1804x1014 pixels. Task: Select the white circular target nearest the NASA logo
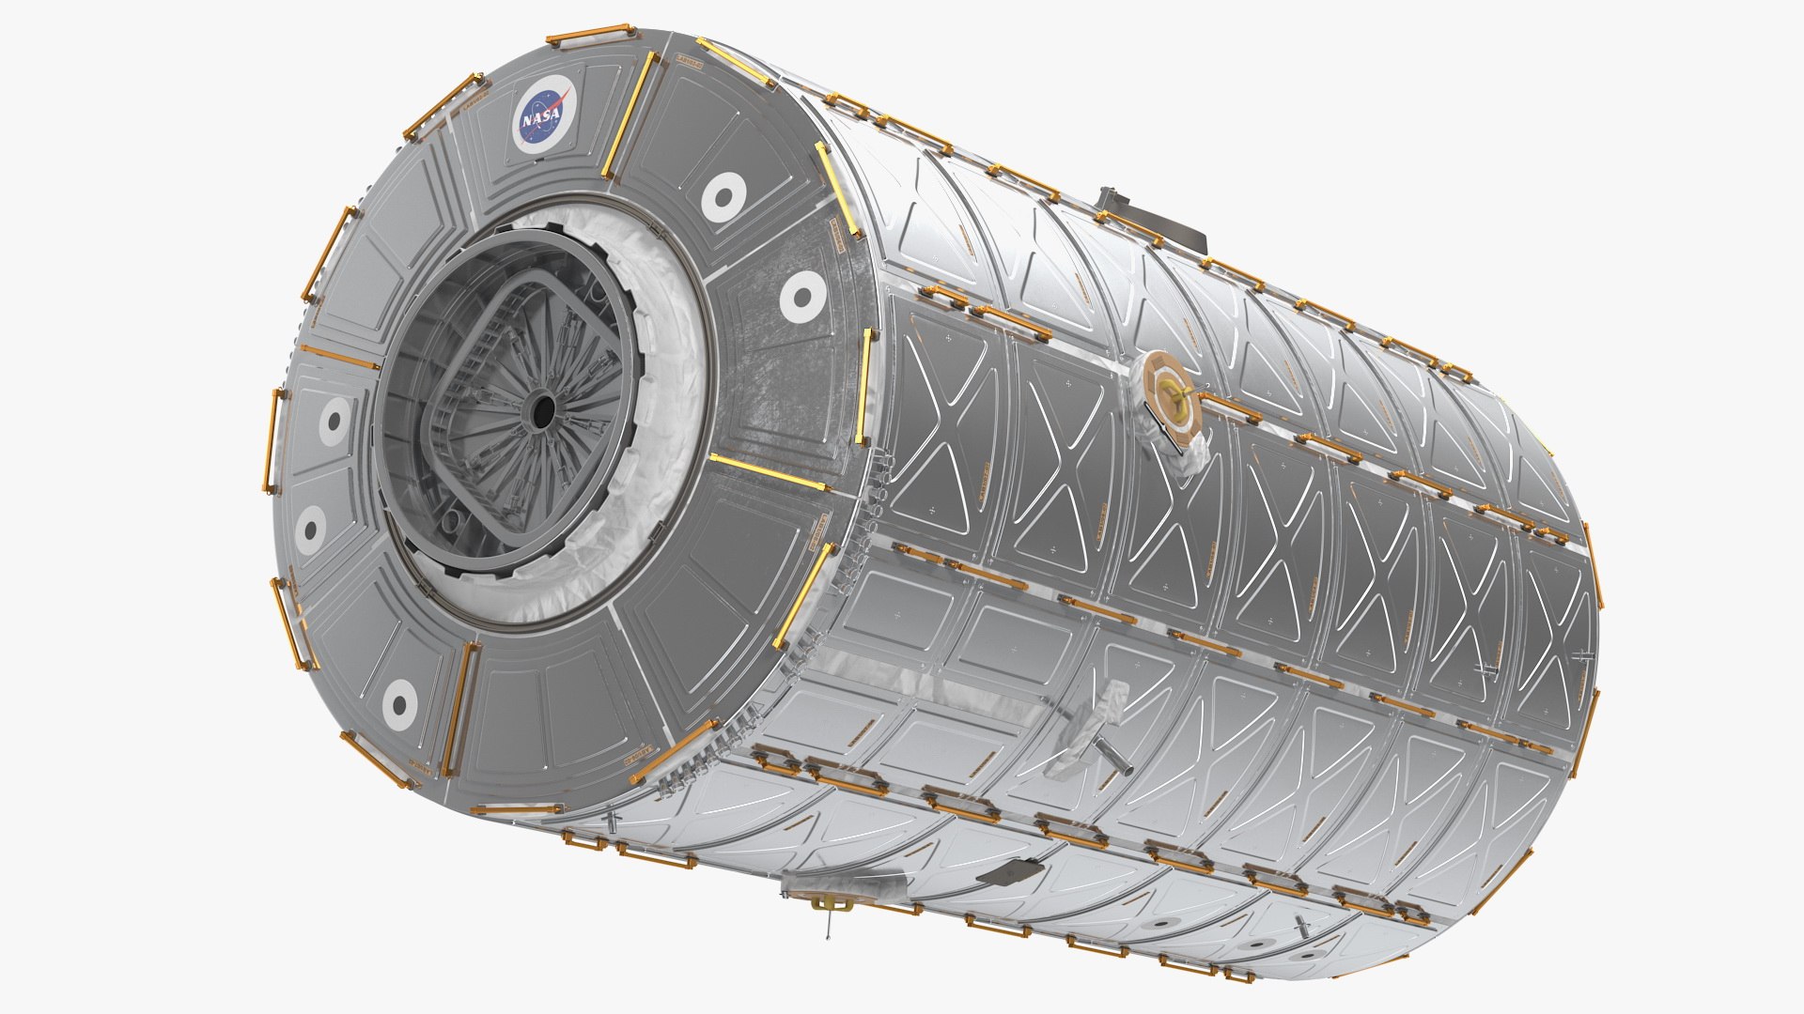pyautogui.click(x=722, y=198)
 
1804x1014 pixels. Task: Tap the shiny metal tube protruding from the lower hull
pyautogui.click(x=1112, y=756)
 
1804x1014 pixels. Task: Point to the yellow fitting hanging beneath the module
pyautogui.click(x=830, y=904)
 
